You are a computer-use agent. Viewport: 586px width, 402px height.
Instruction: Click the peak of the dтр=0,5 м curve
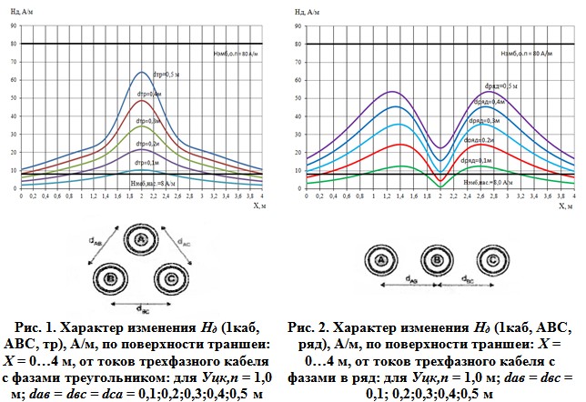[x=142, y=73]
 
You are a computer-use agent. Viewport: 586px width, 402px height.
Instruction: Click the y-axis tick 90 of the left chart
[x=13, y=27]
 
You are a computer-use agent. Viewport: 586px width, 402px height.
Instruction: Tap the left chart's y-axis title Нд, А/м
[x=22, y=12]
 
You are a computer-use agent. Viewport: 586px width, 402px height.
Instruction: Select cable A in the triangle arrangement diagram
[x=140, y=238]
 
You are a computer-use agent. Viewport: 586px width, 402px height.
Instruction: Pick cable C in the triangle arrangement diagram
[x=166, y=276]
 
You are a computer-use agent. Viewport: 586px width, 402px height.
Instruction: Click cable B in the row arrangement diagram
[x=438, y=262]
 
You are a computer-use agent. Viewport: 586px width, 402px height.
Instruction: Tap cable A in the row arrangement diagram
[x=383, y=262]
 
